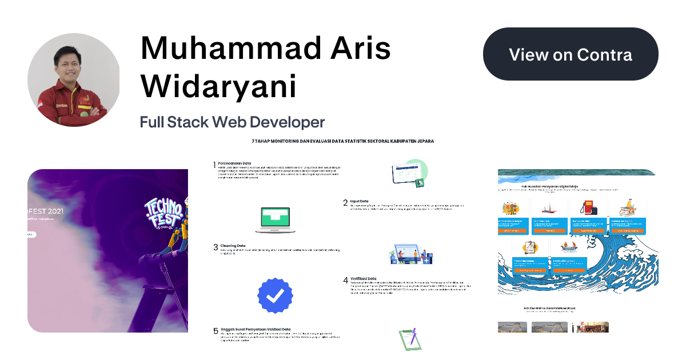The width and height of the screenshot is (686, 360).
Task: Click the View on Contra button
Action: (571, 54)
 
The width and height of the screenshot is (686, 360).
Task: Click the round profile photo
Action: (73, 80)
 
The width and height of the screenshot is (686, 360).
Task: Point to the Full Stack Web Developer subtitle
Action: (232, 122)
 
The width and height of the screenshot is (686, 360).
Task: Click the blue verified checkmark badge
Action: (276, 295)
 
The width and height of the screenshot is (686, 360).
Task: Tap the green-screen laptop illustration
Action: (273, 220)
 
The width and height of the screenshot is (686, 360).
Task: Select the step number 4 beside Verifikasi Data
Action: (345, 280)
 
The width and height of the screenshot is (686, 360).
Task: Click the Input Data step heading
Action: (360, 201)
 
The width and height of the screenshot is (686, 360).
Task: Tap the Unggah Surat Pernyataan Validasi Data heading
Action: (255, 329)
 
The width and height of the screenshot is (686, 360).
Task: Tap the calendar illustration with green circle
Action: (409, 173)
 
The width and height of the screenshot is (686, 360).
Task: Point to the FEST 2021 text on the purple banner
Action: (46, 211)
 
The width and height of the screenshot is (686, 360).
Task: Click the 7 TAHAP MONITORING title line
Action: (342, 141)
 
